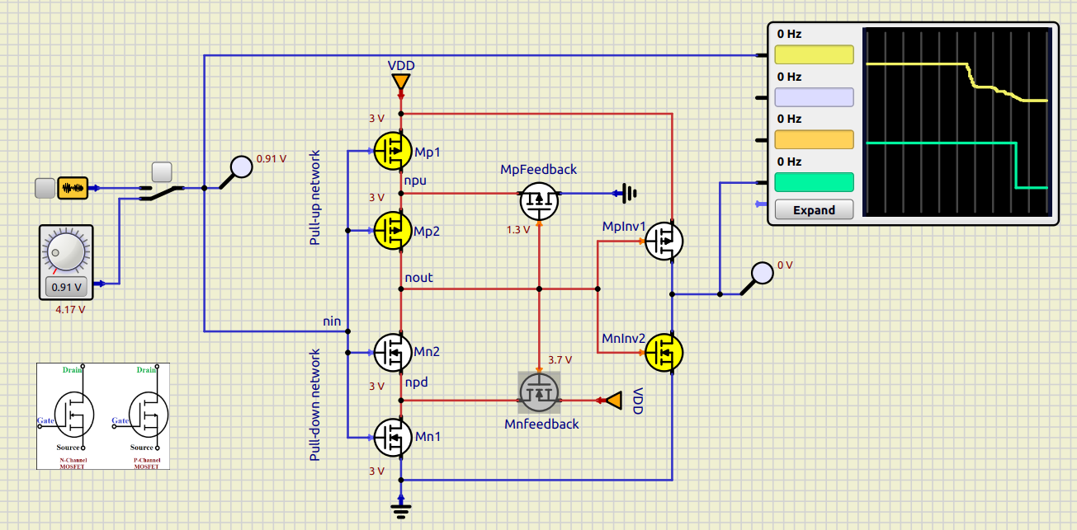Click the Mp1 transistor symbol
[x=394, y=151]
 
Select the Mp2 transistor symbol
[x=394, y=230]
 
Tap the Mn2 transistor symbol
[x=394, y=352]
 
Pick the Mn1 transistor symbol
[x=394, y=436]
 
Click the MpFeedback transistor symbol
[x=539, y=200]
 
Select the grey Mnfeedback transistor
[x=539, y=392]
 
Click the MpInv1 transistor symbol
[x=664, y=241]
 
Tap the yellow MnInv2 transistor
[x=664, y=352]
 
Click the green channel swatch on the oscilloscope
[x=814, y=181]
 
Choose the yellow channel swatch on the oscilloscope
[x=814, y=54]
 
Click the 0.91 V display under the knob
[x=67, y=288]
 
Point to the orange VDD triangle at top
[x=400, y=82]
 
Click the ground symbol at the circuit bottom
[x=401, y=509]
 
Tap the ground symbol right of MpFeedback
[x=630, y=195]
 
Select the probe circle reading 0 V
[x=763, y=273]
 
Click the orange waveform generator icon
[x=73, y=188]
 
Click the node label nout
[x=418, y=278]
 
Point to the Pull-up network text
[x=315, y=197]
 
